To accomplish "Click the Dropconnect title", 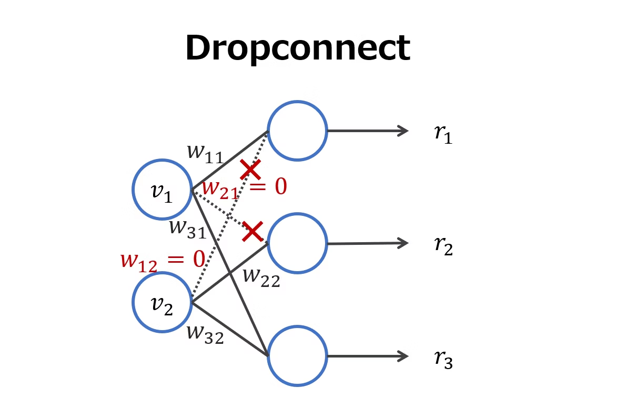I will [x=297, y=48].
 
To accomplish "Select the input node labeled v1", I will [x=162, y=190].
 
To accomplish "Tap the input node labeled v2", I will [x=162, y=302].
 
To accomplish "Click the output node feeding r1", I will [x=297, y=131].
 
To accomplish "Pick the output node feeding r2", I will [x=297, y=243].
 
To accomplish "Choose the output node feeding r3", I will [x=297, y=356].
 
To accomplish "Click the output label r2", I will [x=443, y=246].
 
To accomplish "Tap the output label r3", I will [x=443, y=359].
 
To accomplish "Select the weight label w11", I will [x=205, y=153].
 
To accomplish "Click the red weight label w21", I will [x=220, y=188].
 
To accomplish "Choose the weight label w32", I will [x=205, y=334].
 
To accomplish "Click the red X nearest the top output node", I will [x=250, y=170].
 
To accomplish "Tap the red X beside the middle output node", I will [x=253, y=232].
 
